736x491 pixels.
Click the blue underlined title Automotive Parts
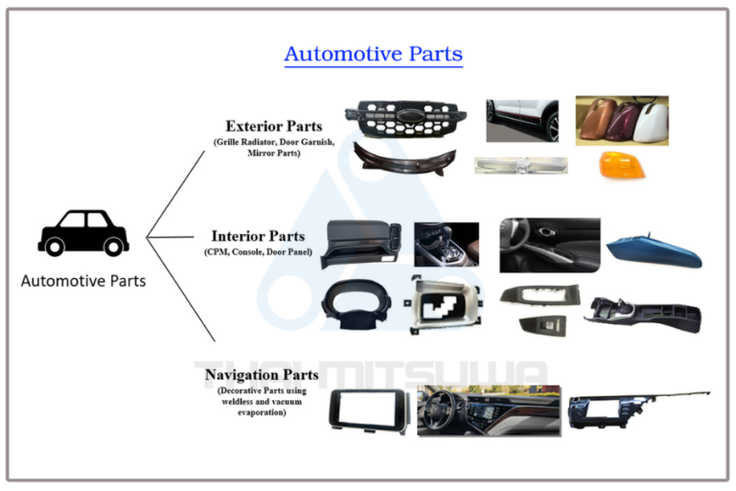tap(373, 54)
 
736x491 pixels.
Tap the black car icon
tap(83, 233)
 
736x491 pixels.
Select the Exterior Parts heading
tap(274, 127)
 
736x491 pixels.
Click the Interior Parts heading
tap(258, 236)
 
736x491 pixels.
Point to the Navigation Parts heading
tap(262, 375)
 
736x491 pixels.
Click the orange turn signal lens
tap(622, 164)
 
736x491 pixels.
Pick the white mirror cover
tap(651, 122)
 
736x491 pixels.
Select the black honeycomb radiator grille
tap(405, 118)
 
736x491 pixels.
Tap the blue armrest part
tap(654, 250)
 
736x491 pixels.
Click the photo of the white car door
tap(522, 121)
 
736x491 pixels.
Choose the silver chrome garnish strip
tap(520, 165)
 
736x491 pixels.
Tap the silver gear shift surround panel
tap(444, 305)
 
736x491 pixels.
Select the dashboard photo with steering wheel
tap(489, 410)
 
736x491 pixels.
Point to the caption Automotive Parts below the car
tap(83, 281)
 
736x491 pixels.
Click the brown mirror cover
tap(596, 119)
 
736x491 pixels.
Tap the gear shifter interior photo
tap(447, 245)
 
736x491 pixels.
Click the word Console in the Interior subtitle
tap(246, 252)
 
